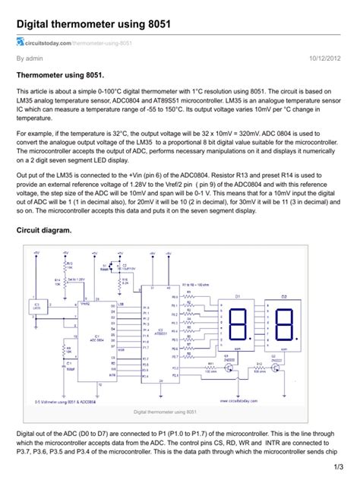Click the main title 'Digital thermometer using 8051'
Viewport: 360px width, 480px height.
[x=93, y=25]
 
